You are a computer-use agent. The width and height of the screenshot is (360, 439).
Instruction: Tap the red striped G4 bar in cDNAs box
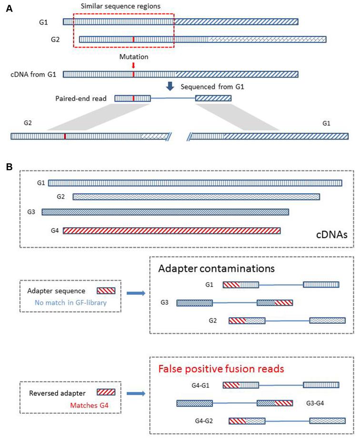(x=171, y=231)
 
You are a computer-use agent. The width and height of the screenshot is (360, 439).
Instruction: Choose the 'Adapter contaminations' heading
(x=216, y=268)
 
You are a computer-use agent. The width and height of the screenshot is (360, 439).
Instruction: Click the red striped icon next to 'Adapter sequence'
(x=105, y=289)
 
